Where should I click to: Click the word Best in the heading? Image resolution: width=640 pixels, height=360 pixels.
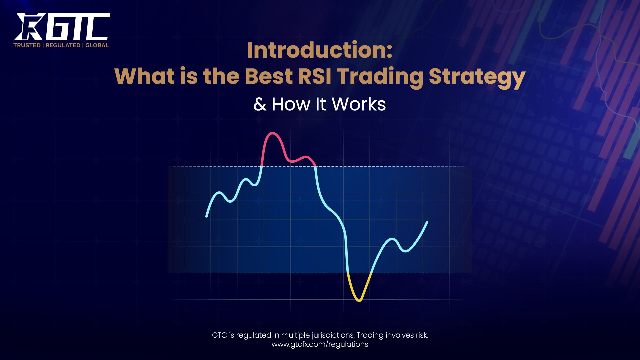(269, 76)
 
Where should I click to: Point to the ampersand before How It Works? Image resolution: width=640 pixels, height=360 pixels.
(260, 105)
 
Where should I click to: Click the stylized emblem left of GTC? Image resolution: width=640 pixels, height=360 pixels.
(29, 27)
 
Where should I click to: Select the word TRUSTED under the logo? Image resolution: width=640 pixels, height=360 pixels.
(27, 45)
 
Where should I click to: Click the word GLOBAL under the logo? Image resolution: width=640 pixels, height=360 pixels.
(97, 45)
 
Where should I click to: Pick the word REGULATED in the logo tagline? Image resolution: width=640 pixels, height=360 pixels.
(63, 45)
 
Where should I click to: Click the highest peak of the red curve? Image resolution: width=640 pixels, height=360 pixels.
(272, 133)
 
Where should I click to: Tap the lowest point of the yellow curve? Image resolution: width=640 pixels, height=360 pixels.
(359, 300)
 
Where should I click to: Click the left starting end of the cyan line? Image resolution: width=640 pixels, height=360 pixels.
(207, 216)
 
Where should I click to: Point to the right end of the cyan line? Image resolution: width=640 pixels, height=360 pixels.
(427, 222)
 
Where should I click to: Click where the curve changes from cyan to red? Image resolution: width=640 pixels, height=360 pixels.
(262, 166)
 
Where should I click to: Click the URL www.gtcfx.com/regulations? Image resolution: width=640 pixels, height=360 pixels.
(320, 344)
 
